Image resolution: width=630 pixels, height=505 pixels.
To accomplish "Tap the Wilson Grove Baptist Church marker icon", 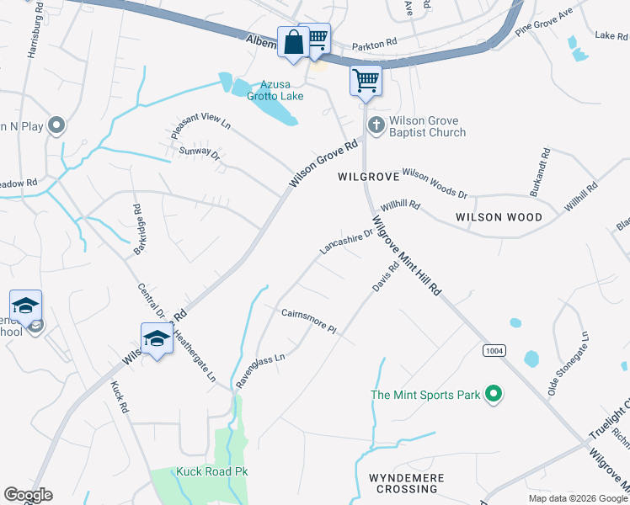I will click(x=376, y=126).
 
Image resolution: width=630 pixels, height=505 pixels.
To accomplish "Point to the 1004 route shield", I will click(x=494, y=349).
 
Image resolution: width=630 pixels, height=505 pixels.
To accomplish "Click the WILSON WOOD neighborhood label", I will click(x=499, y=217).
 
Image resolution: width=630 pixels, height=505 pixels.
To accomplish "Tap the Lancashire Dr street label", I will click(x=345, y=242).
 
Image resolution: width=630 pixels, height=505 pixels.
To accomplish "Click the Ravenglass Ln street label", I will click(x=260, y=369).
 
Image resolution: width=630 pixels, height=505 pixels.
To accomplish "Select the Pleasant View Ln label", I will click(x=200, y=126).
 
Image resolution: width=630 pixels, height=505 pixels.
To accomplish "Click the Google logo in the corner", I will click(x=28, y=495).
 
